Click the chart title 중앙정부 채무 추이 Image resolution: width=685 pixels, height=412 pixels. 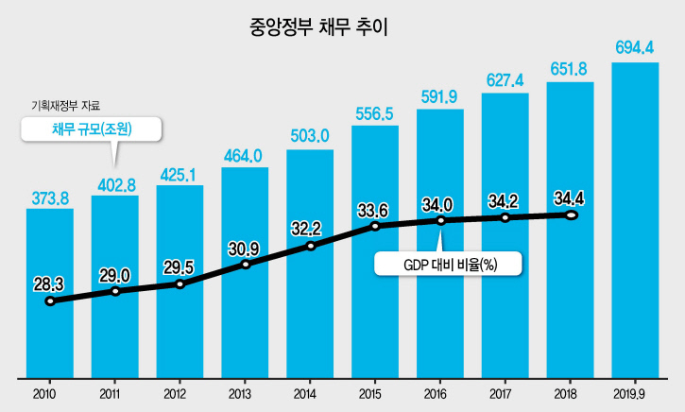318,27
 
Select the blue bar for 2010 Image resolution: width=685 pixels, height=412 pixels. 50,293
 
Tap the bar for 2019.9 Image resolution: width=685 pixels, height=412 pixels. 635,220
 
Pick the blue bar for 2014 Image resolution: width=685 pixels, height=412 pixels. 310,264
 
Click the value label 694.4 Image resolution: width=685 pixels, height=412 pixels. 634,47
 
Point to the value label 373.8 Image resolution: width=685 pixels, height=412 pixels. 50,198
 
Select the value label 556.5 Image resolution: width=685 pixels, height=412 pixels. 374,114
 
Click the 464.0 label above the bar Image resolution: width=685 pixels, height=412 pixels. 243,156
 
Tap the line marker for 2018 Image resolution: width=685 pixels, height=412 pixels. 571,215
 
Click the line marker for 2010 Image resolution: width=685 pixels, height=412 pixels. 50,301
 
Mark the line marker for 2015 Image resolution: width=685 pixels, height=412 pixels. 375,226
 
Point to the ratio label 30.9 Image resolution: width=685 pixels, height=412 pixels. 244,249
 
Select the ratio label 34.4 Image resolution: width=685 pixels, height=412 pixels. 569,198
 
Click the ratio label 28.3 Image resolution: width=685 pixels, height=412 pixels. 49,284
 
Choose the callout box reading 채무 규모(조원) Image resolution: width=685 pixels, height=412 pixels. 92,129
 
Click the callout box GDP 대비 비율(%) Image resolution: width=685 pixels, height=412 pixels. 448,264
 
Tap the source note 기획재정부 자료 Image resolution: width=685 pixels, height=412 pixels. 65,105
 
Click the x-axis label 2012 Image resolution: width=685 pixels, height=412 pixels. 175,394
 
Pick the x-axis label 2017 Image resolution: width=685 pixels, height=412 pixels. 500,394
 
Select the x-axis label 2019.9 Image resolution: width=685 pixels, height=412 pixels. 629,394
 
